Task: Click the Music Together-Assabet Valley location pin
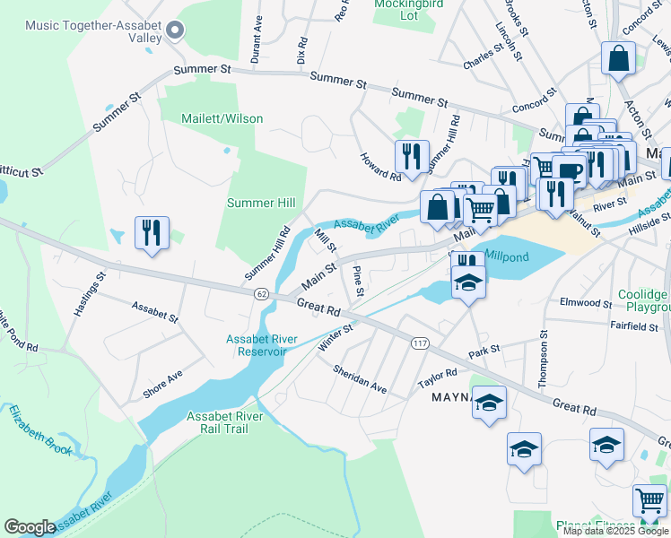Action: click(x=176, y=31)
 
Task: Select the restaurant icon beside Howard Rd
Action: click(x=412, y=156)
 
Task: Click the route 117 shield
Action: click(x=419, y=343)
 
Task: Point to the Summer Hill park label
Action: click(x=261, y=204)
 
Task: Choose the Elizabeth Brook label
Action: click(x=39, y=429)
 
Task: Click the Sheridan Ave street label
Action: click(x=359, y=379)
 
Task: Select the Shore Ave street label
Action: click(x=163, y=384)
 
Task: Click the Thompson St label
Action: click(x=543, y=360)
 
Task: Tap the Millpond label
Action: click(x=507, y=256)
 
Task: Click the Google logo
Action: click(x=30, y=527)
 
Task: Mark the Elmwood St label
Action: click(x=584, y=303)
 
